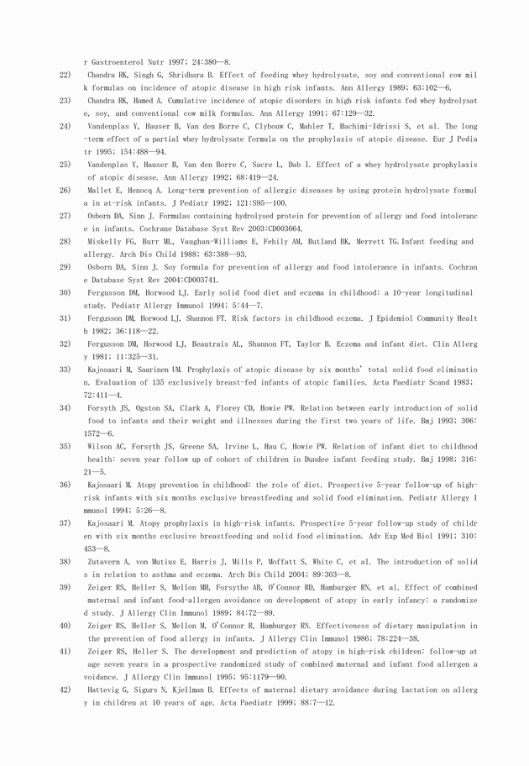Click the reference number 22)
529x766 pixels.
[x=65, y=75]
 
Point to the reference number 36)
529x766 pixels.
[x=65, y=485]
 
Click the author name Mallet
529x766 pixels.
[x=99, y=191]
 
